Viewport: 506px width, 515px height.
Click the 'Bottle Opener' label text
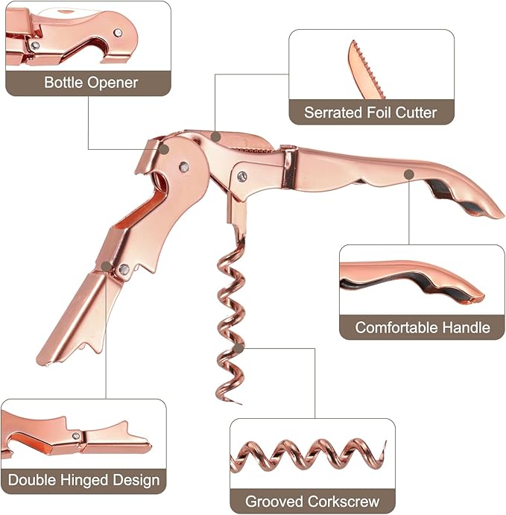click(x=91, y=83)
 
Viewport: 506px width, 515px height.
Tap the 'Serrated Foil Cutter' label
click(x=370, y=113)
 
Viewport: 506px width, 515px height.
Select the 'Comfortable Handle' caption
click(x=423, y=327)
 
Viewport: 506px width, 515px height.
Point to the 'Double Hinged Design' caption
click(x=83, y=480)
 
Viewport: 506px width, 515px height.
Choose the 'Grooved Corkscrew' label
click(x=312, y=502)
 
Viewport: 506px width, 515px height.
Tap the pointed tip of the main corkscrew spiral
click(x=240, y=403)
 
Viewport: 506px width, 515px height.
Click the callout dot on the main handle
click(x=409, y=174)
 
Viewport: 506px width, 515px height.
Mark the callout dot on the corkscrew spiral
click(x=239, y=348)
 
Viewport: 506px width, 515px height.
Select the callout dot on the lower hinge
click(x=106, y=266)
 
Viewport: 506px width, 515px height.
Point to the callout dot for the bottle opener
click(x=164, y=150)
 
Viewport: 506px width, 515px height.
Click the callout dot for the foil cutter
click(x=215, y=137)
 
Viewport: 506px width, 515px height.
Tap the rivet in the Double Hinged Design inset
click(x=76, y=436)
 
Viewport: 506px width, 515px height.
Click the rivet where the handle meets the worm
click(x=242, y=177)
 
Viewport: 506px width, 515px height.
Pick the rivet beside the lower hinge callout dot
click(x=124, y=269)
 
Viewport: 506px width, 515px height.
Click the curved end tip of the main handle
click(x=502, y=215)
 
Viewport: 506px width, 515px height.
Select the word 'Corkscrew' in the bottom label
click(x=344, y=502)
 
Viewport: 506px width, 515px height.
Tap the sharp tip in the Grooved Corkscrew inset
click(x=385, y=443)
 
